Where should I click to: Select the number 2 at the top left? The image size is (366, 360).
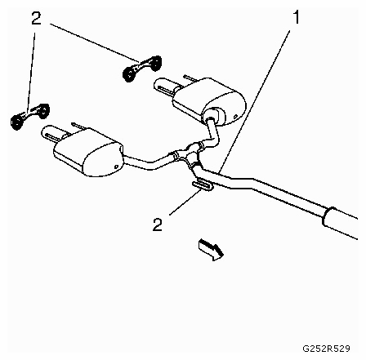point(36,19)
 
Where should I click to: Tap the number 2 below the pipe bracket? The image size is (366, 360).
point(158,224)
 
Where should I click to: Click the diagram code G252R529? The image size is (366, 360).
point(326,349)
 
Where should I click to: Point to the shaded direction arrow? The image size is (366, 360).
point(212,249)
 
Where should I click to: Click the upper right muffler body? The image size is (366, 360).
point(209,101)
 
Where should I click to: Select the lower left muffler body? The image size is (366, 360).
point(89,152)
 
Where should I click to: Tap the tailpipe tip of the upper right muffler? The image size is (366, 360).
point(163,87)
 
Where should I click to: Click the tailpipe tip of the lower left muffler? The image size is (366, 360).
point(51,134)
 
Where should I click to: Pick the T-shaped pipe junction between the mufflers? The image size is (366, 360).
point(189,154)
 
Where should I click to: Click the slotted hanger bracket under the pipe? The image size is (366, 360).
point(203,185)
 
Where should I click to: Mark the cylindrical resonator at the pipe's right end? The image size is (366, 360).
point(341,223)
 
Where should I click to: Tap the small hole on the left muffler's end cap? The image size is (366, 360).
point(116,167)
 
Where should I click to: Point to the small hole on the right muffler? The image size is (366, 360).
point(235,117)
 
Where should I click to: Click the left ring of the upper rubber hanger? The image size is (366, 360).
point(129,73)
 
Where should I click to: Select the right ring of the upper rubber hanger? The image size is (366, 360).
point(155,63)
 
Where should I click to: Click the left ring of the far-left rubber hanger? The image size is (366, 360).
point(17,122)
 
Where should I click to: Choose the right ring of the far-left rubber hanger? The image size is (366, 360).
point(43,110)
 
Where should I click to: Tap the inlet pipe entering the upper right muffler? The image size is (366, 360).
point(212,130)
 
